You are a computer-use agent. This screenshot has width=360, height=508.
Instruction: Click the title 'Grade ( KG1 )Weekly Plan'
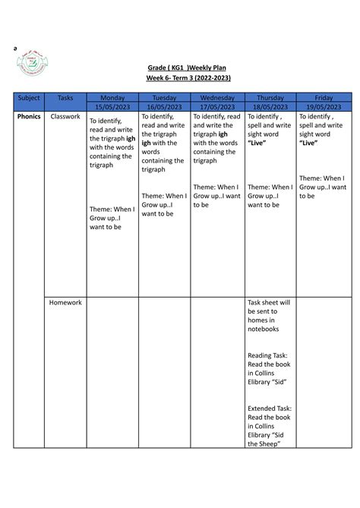[x=188, y=67]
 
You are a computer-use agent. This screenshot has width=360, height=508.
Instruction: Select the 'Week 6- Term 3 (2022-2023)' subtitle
[x=188, y=78]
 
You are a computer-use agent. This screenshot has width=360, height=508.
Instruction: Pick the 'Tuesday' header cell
[x=164, y=98]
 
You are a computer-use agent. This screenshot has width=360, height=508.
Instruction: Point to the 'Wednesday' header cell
[x=217, y=98]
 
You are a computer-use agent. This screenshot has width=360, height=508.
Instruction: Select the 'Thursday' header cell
[x=270, y=98]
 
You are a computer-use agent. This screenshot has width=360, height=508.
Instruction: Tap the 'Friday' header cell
[x=323, y=98]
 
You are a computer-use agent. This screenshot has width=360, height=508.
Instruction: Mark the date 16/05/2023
[x=164, y=107]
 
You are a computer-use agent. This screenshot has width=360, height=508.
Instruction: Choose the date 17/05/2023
[x=217, y=107]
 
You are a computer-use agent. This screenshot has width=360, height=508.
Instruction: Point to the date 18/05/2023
[x=270, y=107]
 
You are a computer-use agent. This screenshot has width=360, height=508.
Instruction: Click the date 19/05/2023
[x=323, y=107]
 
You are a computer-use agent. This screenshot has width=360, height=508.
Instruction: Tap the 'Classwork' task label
[x=65, y=117]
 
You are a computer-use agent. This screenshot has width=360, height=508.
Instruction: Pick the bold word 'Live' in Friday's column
[x=308, y=143]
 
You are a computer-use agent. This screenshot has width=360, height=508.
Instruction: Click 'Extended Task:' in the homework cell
[x=270, y=408]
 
